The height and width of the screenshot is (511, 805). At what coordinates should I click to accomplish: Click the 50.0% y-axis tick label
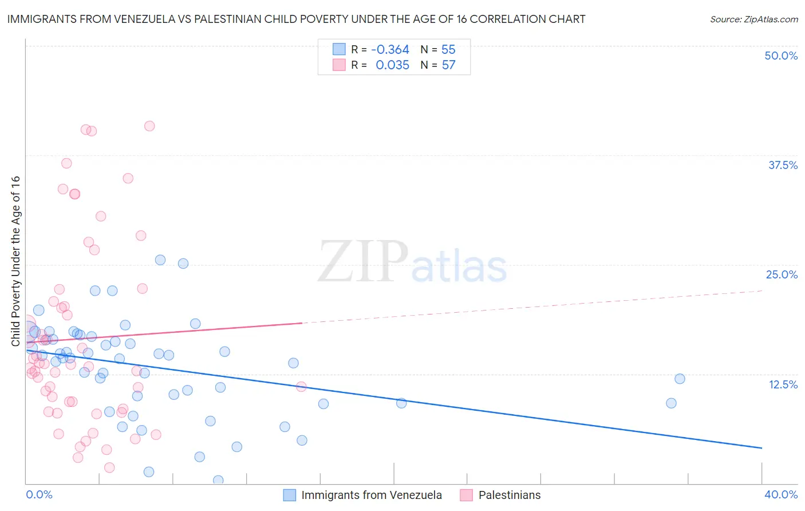781,56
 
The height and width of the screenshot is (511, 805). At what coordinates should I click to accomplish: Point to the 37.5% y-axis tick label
783,165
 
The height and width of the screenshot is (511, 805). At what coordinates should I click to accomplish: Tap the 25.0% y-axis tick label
782,274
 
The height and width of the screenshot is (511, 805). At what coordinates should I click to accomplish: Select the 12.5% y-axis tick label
783,384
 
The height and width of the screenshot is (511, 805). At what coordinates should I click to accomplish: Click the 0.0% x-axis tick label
39,494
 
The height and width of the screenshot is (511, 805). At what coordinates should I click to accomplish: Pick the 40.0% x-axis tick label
781,494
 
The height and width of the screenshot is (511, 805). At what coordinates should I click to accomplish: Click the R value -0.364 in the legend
390,49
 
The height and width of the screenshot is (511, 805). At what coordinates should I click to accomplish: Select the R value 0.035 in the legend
392,65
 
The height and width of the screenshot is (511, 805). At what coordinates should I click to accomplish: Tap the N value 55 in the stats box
448,49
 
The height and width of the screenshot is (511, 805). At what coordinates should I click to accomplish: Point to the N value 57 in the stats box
448,65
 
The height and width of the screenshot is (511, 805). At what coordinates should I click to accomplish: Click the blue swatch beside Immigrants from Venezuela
290,495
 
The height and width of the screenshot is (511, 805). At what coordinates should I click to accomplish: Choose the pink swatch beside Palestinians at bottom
467,495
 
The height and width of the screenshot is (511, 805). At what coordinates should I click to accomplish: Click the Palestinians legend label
510,495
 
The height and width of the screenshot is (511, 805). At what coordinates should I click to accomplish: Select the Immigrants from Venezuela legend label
372,495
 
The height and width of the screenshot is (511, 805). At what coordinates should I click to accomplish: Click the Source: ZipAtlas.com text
753,19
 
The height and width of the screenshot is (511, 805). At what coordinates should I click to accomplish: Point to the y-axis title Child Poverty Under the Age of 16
15,261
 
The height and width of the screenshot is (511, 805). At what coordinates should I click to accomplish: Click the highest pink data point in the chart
149,126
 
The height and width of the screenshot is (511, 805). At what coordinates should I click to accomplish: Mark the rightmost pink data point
301,387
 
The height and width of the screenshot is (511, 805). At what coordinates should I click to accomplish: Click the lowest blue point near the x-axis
218,480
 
